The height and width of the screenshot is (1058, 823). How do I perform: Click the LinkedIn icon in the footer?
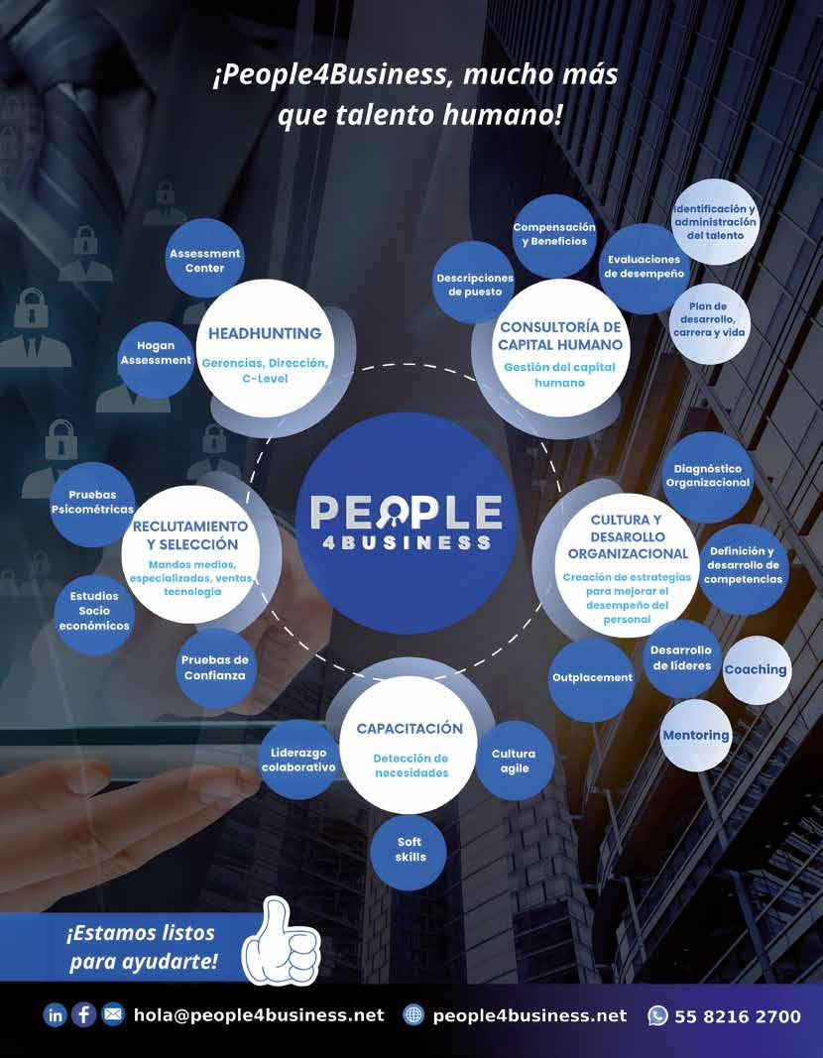click(55, 1015)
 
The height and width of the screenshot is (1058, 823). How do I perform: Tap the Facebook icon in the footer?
click(83, 1015)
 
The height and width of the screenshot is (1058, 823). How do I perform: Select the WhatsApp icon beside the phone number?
click(657, 1015)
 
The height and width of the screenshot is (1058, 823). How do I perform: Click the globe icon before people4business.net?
click(413, 1015)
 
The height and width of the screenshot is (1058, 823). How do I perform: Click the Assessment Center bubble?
click(204, 260)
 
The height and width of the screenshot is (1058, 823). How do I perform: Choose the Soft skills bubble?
click(410, 849)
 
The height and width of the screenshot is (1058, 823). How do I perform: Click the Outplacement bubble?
click(592, 678)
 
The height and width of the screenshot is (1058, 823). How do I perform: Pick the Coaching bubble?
click(756, 670)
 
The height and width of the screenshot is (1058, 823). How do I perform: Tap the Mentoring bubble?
click(696, 736)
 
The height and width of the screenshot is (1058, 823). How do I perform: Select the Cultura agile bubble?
click(514, 762)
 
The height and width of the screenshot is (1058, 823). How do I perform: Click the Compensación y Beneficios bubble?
click(554, 235)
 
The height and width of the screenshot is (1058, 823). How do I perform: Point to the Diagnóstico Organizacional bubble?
click(708, 476)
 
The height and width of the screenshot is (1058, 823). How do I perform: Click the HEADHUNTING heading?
click(265, 334)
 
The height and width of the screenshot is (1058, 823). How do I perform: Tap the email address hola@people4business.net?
click(258, 1015)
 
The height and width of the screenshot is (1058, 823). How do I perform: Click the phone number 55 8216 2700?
click(738, 1016)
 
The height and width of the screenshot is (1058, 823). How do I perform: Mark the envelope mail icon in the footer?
click(113, 1015)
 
